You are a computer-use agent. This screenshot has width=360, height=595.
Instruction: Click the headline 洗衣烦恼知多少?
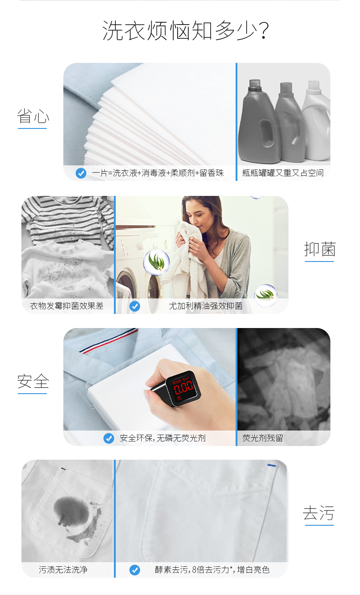click(185, 31)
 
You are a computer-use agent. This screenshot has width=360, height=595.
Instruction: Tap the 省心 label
click(33, 116)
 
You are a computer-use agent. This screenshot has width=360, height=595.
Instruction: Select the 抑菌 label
click(320, 249)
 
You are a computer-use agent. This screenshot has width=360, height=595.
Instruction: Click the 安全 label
click(33, 381)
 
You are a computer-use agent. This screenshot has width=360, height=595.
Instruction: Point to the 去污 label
click(319, 513)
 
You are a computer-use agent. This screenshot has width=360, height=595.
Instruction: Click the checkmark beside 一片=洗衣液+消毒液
click(81, 173)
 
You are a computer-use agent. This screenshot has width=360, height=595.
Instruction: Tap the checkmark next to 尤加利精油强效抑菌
click(135, 306)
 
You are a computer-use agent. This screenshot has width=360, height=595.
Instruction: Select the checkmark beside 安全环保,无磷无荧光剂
click(108, 438)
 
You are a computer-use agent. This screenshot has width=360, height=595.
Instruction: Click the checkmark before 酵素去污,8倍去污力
click(135, 570)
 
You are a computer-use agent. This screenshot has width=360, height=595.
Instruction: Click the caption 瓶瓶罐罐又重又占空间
click(283, 173)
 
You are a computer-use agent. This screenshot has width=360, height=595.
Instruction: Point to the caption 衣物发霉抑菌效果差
click(67, 306)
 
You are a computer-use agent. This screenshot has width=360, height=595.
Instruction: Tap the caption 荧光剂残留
click(262, 438)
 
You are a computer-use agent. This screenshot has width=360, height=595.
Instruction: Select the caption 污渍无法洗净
click(63, 569)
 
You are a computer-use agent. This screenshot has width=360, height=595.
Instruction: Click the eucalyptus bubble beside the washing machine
click(156, 262)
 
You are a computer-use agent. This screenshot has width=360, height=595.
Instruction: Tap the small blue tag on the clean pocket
click(272, 465)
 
